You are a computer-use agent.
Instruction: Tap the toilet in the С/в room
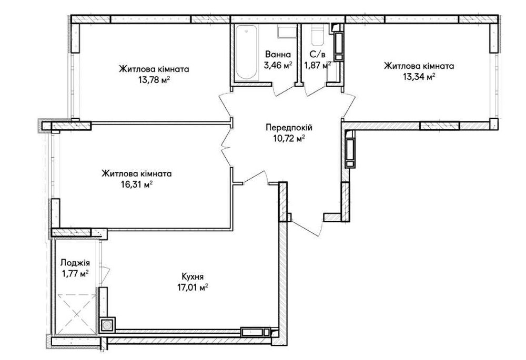click(x=317, y=35)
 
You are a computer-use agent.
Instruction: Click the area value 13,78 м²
click(x=153, y=80)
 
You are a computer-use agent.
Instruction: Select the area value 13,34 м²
click(x=419, y=77)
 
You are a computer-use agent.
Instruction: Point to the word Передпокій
click(x=289, y=128)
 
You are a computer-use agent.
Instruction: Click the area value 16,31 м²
click(x=137, y=184)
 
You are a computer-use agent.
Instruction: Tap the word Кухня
click(x=193, y=277)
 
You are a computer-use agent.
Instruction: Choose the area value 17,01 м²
click(x=193, y=287)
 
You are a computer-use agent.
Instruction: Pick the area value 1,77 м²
click(x=75, y=274)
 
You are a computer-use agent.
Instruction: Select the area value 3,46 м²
click(x=278, y=65)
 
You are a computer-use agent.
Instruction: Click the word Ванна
click(x=278, y=54)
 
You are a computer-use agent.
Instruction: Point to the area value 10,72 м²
click(x=289, y=138)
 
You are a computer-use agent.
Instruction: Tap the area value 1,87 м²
click(x=317, y=65)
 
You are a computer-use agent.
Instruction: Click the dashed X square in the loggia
click(x=76, y=314)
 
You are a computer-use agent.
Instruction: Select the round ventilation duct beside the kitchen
click(x=107, y=325)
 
